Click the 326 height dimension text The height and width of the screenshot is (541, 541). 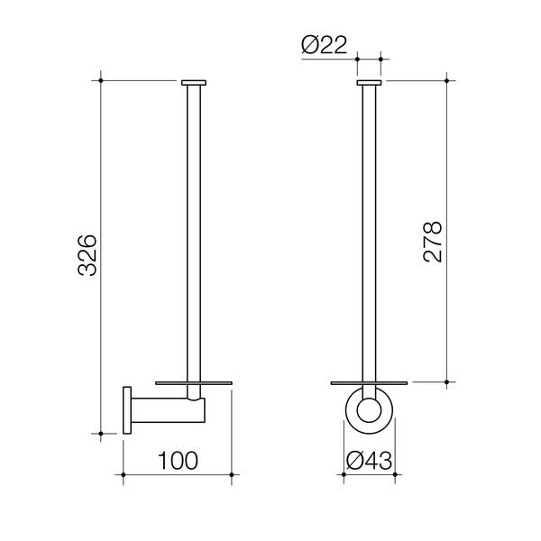click(x=87, y=257)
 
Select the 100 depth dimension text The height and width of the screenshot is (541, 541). click(x=178, y=461)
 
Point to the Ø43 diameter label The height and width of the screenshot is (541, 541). click(x=370, y=461)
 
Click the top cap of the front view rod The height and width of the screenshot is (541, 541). click(x=369, y=83)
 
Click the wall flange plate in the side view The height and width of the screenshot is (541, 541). click(x=128, y=410)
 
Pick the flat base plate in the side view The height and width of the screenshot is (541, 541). click(x=194, y=382)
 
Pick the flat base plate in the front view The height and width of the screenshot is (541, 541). click(x=370, y=382)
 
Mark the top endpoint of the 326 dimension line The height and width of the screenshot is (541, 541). click(x=102, y=80)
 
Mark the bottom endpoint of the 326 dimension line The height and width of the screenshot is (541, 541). click(x=102, y=434)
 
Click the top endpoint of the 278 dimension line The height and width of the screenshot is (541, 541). click(x=448, y=80)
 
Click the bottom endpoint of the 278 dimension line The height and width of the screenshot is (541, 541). click(x=448, y=382)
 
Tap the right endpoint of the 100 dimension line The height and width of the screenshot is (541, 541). click(x=234, y=474)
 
